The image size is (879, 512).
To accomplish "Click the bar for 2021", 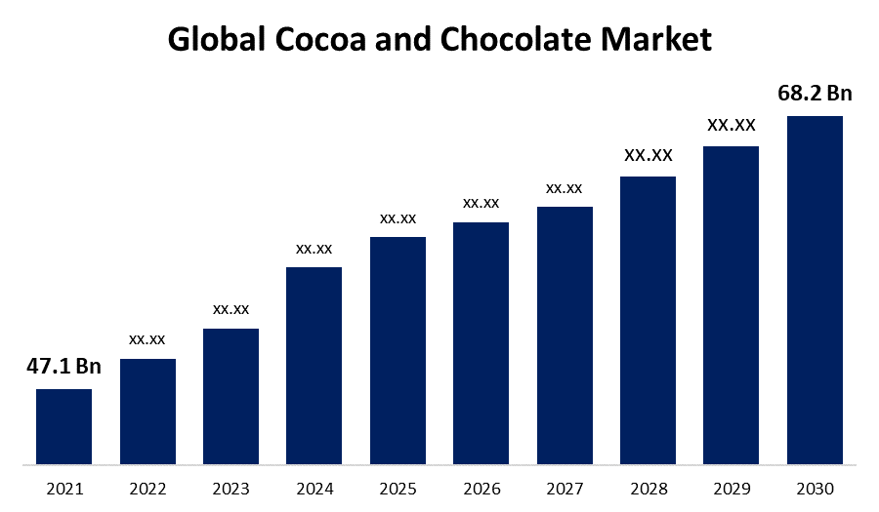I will coord(63,426).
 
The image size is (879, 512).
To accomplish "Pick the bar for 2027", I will coord(565,335).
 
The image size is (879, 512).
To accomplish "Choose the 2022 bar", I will coord(147,411).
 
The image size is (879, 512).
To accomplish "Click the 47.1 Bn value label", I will coord(63,367).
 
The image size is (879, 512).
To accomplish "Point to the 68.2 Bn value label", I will coord(815,94).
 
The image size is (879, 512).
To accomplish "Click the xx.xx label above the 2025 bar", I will coord(398,218).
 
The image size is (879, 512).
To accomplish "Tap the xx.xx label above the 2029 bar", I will coord(732,125).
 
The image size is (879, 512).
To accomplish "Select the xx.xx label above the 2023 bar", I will coord(231,309).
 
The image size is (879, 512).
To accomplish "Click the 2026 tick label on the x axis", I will coord(481,488).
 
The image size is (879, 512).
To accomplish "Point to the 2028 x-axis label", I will coord(648,488).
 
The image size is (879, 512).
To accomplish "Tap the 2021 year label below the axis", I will coord(63,488).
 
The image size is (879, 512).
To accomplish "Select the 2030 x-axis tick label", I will coord(815,488).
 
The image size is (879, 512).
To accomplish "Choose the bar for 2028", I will coord(648,320).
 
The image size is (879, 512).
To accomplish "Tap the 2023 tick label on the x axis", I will coord(231,488).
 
